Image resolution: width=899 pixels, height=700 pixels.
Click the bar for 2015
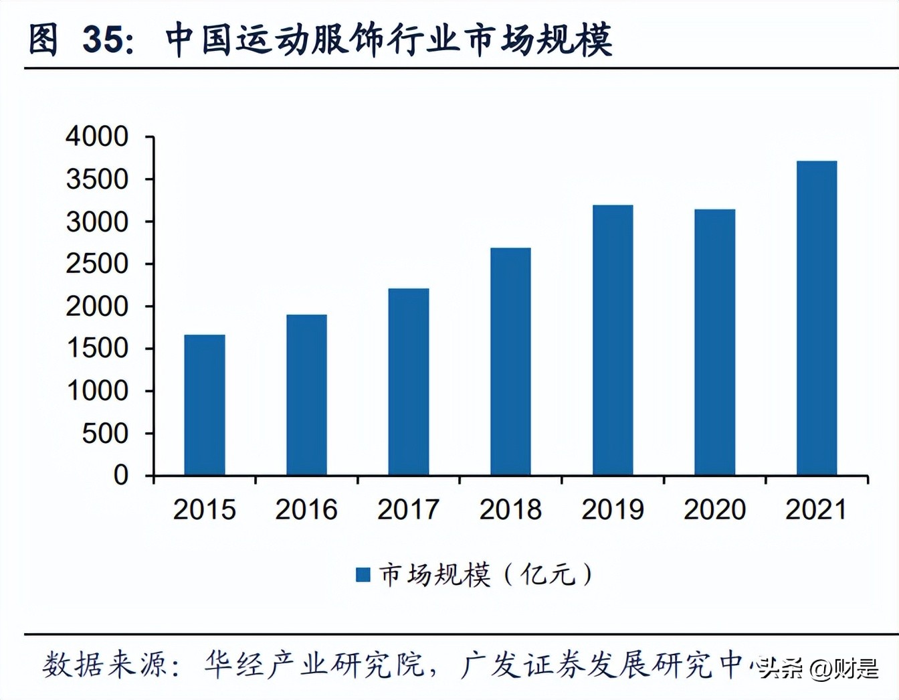click(205, 405)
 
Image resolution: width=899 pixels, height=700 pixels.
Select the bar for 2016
click(306, 395)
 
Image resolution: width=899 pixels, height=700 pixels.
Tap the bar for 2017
click(409, 382)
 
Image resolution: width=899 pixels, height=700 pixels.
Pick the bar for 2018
click(510, 361)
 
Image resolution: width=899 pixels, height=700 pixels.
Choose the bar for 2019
click(613, 340)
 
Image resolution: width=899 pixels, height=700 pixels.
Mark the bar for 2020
click(714, 342)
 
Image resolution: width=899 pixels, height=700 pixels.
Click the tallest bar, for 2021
click(817, 318)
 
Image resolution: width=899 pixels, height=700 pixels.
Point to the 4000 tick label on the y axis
click(97, 137)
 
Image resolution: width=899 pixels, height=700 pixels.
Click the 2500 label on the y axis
click(97, 264)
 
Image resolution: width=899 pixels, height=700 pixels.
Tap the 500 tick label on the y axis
click(105, 434)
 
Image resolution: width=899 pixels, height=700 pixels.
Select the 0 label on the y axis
click(121, 475)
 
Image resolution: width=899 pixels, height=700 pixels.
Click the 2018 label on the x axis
click(510, 510)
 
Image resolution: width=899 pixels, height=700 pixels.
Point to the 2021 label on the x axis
click(816, 510)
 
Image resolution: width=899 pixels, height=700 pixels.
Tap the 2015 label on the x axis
click(205, 510)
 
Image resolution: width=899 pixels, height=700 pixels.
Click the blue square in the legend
click(363, 574)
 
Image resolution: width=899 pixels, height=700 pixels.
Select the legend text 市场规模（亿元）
click(486, 574)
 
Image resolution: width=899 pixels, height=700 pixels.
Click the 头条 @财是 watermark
click(819, 668)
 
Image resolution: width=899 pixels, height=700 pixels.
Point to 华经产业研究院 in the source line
click(314, 665)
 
